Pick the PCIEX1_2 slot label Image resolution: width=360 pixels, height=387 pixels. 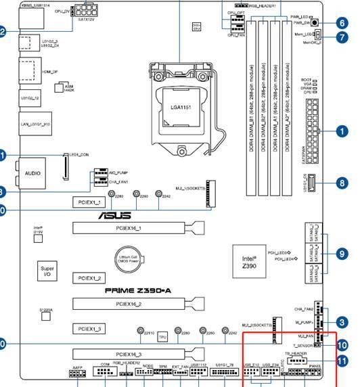pyautogui.click(x=89, y=278)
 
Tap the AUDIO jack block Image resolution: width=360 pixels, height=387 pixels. pyautogui.click(x=32, y=173)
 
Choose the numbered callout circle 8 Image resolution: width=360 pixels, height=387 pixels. pyautogui.click(x=342, y=183)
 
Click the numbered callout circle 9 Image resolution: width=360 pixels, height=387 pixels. pyautogui.click(x=342, y=254)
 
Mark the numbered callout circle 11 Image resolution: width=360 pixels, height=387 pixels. pyautogui.click(x=342, y=361)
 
